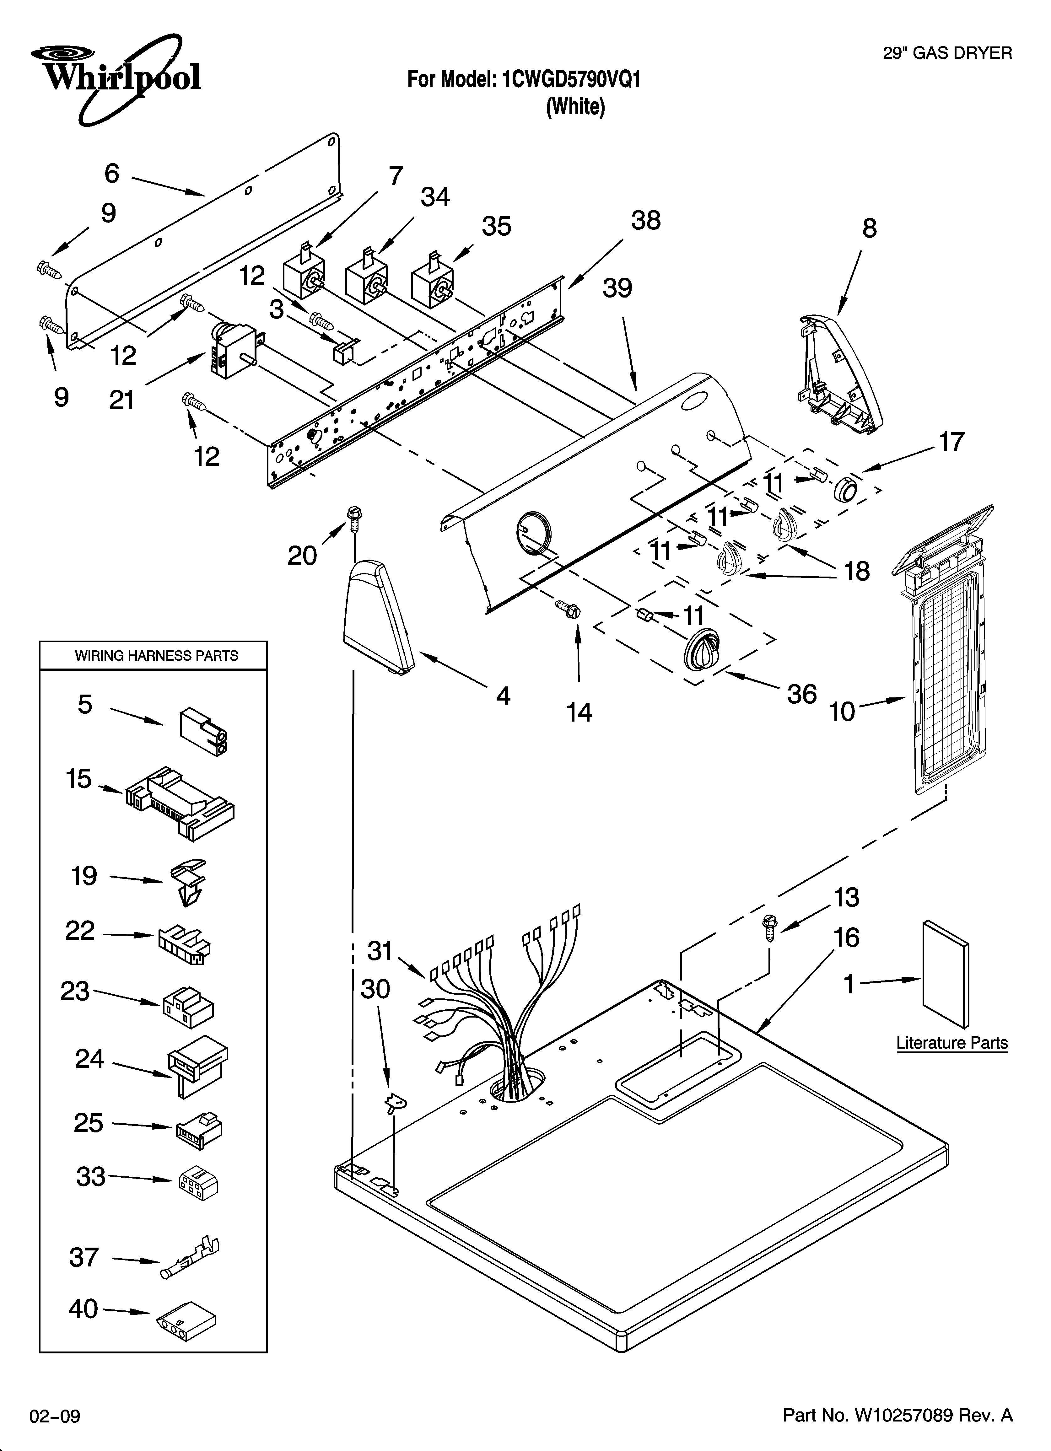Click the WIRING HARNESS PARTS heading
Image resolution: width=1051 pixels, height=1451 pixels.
156,656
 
